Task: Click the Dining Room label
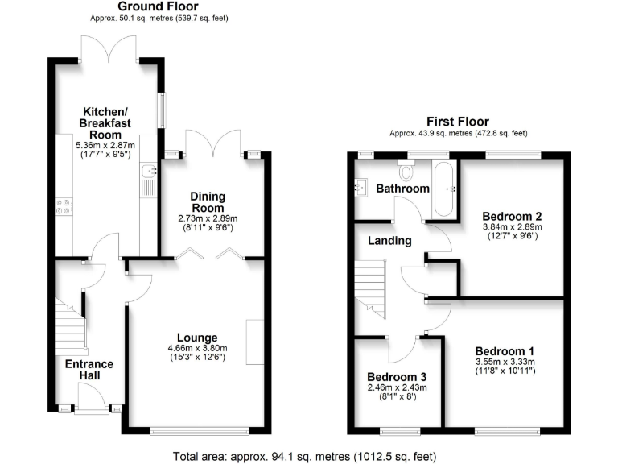[207, 202]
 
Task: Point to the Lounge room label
[197, 338]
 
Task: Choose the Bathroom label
[403, 188]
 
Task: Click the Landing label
[390, 240]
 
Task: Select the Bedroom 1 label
[504, 351]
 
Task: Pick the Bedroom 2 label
[512, 216]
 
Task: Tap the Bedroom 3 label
[397, 377]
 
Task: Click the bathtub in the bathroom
[444, 189]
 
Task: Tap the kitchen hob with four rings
[62, 207]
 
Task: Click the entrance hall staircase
[69, 322]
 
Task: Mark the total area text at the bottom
[305, 456]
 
